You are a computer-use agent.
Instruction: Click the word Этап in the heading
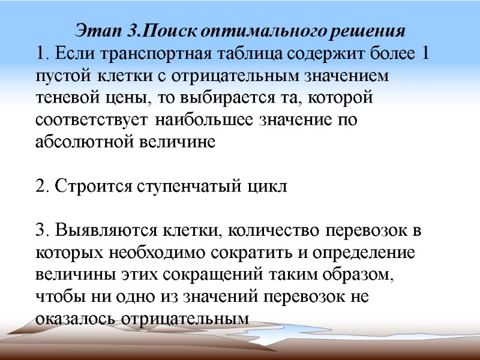click(94, 30)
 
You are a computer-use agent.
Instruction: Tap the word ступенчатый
click(191, 186)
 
